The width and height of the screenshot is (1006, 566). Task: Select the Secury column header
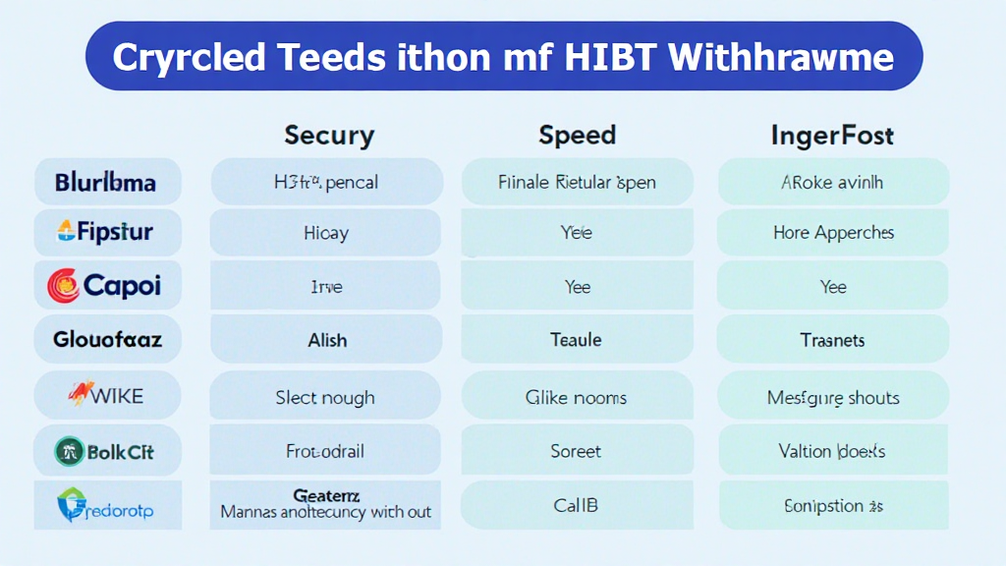click(x=328, y=135)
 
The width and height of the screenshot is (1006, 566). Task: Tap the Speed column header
click(x=577, y=135)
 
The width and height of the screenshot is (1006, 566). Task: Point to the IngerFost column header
click(x=833, y=135)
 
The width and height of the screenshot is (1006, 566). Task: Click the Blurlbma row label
click(x=106, y=182)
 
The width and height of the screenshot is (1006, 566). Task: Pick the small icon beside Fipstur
click(x=67, y=233)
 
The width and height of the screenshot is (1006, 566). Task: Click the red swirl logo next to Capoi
click(x=63, y=286)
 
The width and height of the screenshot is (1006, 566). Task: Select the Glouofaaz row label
click(x=107, y=340)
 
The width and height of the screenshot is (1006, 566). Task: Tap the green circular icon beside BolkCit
click(x=68, y=452)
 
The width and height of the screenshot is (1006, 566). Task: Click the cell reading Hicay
click(x=326, y=234)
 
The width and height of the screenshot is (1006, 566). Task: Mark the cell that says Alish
click(x=326, y=340)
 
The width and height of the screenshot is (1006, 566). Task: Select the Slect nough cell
click(x=325, y=398)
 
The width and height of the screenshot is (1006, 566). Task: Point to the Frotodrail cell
click(x=325, y=451)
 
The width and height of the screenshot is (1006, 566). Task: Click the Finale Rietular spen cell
click(x=577, y=182)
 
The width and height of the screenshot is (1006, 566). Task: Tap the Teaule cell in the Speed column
click(x=577, y=340)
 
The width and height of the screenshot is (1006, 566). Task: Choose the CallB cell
click(x=577, y=505)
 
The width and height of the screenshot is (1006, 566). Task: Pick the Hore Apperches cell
click(x=833, y=234)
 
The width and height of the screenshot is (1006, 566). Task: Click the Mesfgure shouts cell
click(x=833, y=398)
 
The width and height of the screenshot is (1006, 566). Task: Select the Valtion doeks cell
click(x=833, y=451)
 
